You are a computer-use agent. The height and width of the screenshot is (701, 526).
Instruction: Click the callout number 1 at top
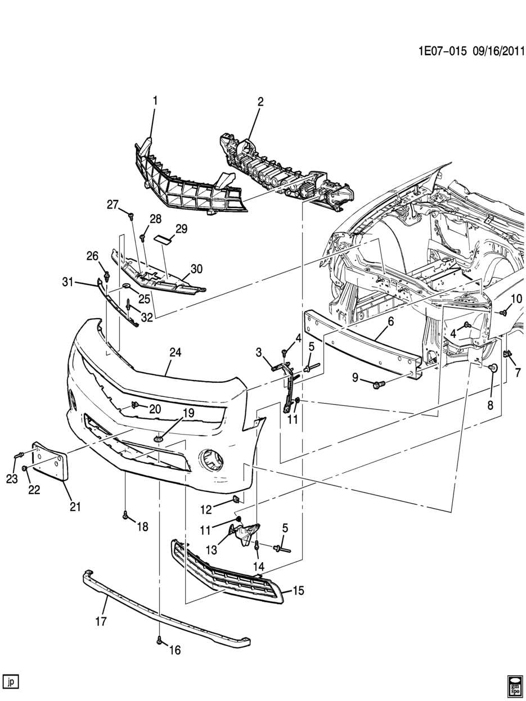155,101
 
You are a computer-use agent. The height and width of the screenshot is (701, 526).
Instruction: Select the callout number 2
260,102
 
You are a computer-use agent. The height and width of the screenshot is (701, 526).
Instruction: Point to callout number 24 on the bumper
176,352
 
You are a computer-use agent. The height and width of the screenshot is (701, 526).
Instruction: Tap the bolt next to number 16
160,640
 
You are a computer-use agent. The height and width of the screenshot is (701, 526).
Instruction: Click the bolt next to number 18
126,515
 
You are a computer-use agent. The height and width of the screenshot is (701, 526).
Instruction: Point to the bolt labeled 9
377,385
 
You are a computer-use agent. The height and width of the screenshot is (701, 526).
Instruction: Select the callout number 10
516,298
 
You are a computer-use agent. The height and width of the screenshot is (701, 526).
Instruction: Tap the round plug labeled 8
493,368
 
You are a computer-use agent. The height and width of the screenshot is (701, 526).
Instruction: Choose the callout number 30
196,270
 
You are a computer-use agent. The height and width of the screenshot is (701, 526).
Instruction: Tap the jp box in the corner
11,682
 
